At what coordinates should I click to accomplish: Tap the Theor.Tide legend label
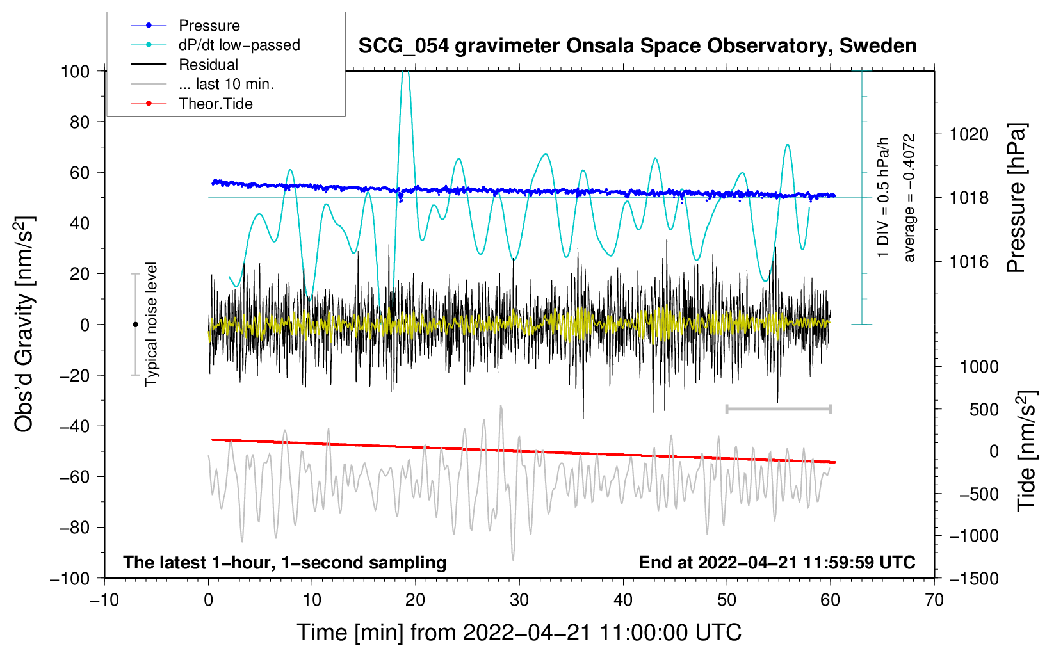click(215, 104)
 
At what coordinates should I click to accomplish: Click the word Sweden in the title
click(878, 45)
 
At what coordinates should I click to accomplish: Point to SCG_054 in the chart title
click(403, 47)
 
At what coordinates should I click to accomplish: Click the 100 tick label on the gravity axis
click(75, 72)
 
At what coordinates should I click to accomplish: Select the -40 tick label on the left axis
click(74, 426)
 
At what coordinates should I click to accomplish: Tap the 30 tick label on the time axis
click(519, 600)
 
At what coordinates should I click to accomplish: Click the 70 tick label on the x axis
click(934, 600)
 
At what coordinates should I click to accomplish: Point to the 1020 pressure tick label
click(969, 134)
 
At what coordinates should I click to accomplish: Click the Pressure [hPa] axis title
click(1017, 197)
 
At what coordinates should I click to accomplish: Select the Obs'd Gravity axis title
click(24, 324)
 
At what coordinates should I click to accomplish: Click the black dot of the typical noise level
click(135, 325)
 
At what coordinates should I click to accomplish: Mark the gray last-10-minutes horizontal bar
click(778, 408)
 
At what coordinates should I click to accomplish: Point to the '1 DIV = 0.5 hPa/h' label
click(882, 197)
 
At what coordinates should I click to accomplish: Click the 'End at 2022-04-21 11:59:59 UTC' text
click(777, 562)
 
